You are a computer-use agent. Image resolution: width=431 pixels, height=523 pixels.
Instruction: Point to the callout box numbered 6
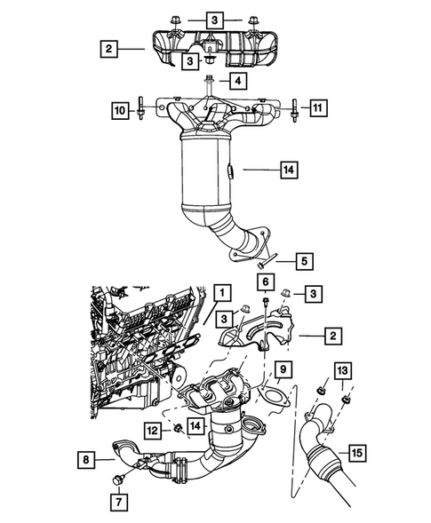pos(265,281)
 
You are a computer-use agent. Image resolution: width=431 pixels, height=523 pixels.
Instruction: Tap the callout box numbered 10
pos(118,110)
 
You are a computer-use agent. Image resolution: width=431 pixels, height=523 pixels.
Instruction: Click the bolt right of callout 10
pos(141,110)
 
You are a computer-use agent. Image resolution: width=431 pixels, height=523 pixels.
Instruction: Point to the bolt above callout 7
pos(117,480)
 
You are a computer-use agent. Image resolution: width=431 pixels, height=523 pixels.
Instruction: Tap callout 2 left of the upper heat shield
pos(106,49)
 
